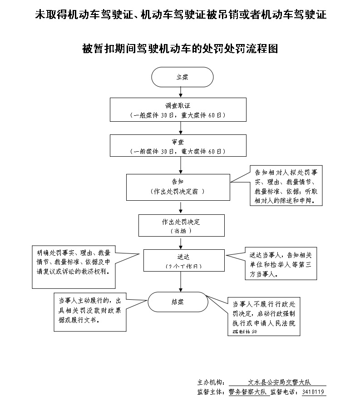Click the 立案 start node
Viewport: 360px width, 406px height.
(x=182, y=77)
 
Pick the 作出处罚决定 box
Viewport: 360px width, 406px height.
(x=181, y=226)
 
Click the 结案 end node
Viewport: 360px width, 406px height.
(x=177, y=301)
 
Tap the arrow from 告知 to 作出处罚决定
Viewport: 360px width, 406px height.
(x=181, y=207)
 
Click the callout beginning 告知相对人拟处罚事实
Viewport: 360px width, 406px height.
(x=286, y=186)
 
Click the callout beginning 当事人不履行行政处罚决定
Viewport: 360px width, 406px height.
(x=264, y=317)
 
